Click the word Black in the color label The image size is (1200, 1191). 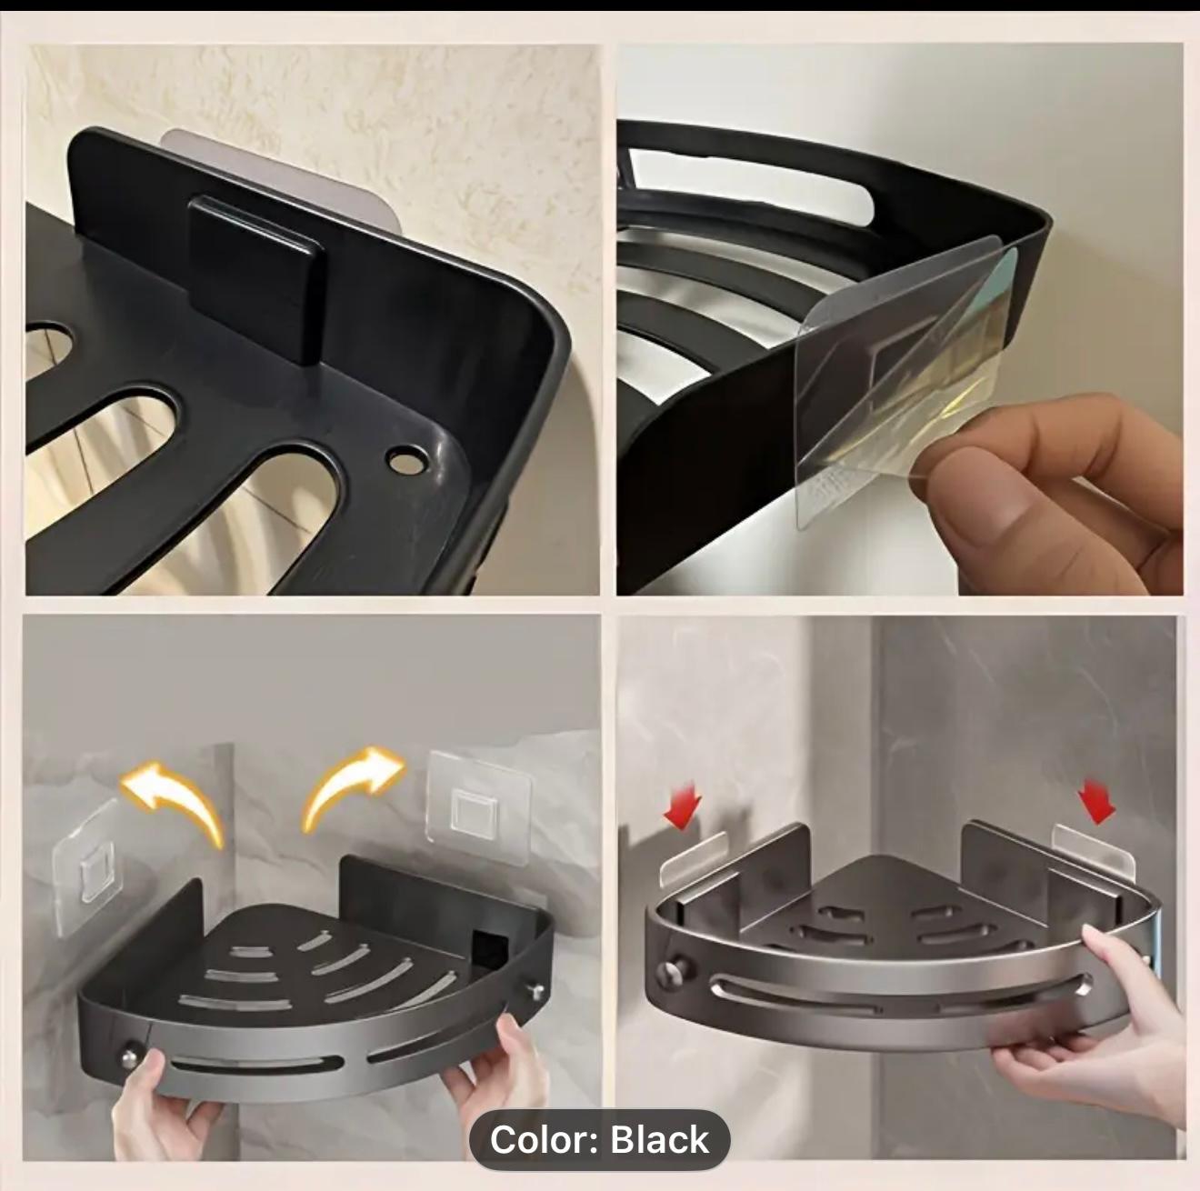(x=659, y=1139)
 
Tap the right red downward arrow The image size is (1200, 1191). (x=1095, y=804)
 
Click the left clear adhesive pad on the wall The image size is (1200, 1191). (x=88, y=870)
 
